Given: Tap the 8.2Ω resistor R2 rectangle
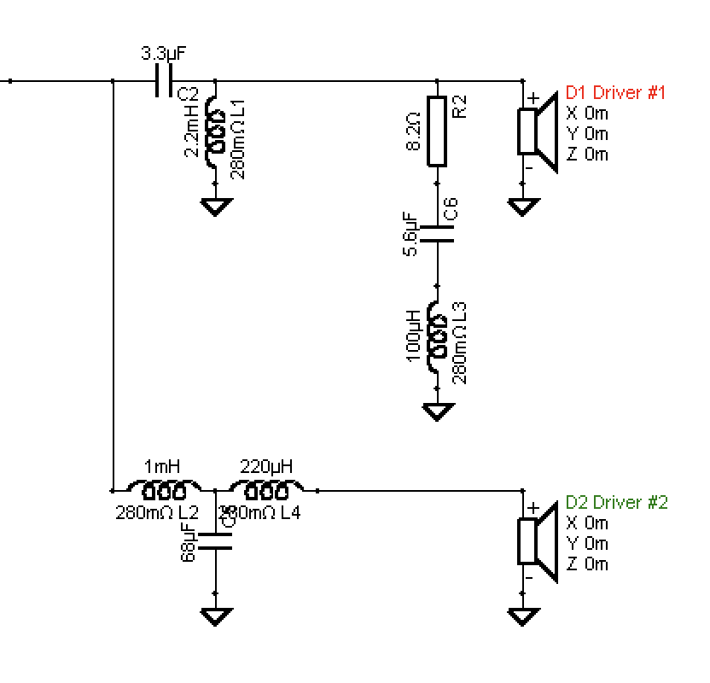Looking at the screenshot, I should click(x=437, y=131).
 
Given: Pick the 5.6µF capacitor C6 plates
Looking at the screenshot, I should click(x=437, y=234).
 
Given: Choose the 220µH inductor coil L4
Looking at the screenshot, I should click(x=266, y=489).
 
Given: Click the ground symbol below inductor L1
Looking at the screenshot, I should click(x=214, y=206).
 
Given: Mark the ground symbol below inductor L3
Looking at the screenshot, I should click(x=438, y=412).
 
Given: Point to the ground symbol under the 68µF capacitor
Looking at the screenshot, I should click(x=214, y=616).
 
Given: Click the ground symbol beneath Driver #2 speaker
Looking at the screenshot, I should click(x=522, y=616).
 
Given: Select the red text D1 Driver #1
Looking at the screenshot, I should click(x=615, y=92).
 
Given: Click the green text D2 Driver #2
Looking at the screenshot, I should click(x=616, y=502).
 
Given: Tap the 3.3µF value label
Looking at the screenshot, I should click(x=162, y=54).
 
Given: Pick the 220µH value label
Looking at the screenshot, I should click(x=266, y=466).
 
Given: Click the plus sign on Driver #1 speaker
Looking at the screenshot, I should click(x=532, y=99).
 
